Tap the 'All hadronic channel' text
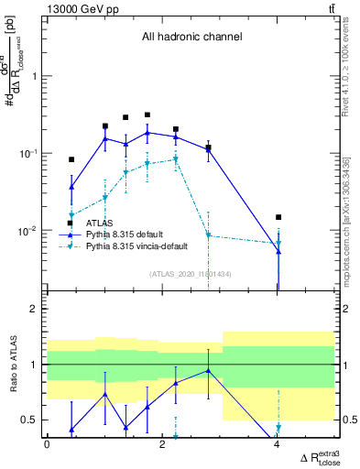coord(191,38)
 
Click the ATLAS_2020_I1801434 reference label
coord(191,274)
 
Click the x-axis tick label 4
coord(278,445)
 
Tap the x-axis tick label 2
coord(162,445)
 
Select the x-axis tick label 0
coord(48,445)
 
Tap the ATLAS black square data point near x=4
coord(278,217)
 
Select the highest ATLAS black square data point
coord(147,115)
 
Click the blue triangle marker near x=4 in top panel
coord(278,251)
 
